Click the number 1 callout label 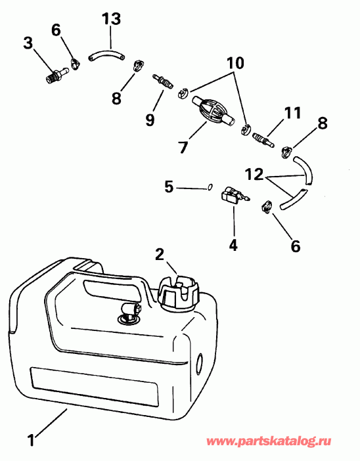(31, 435)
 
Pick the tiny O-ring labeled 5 (209, 187)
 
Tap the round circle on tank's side (201, 362)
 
